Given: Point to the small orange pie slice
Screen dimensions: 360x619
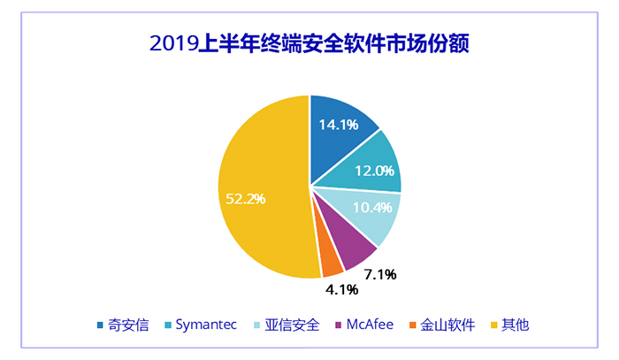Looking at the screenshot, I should (330, 263).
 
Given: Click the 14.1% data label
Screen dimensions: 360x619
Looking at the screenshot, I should (339, 125).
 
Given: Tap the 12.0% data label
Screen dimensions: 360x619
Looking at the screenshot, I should (374, 172).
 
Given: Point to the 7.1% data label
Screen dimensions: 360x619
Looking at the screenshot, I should (379, 274).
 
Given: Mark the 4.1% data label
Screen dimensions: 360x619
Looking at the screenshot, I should (338, 289).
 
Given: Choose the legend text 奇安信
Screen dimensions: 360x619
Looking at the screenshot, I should (127, 325).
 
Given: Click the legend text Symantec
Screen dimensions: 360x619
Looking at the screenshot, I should (206, 325).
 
